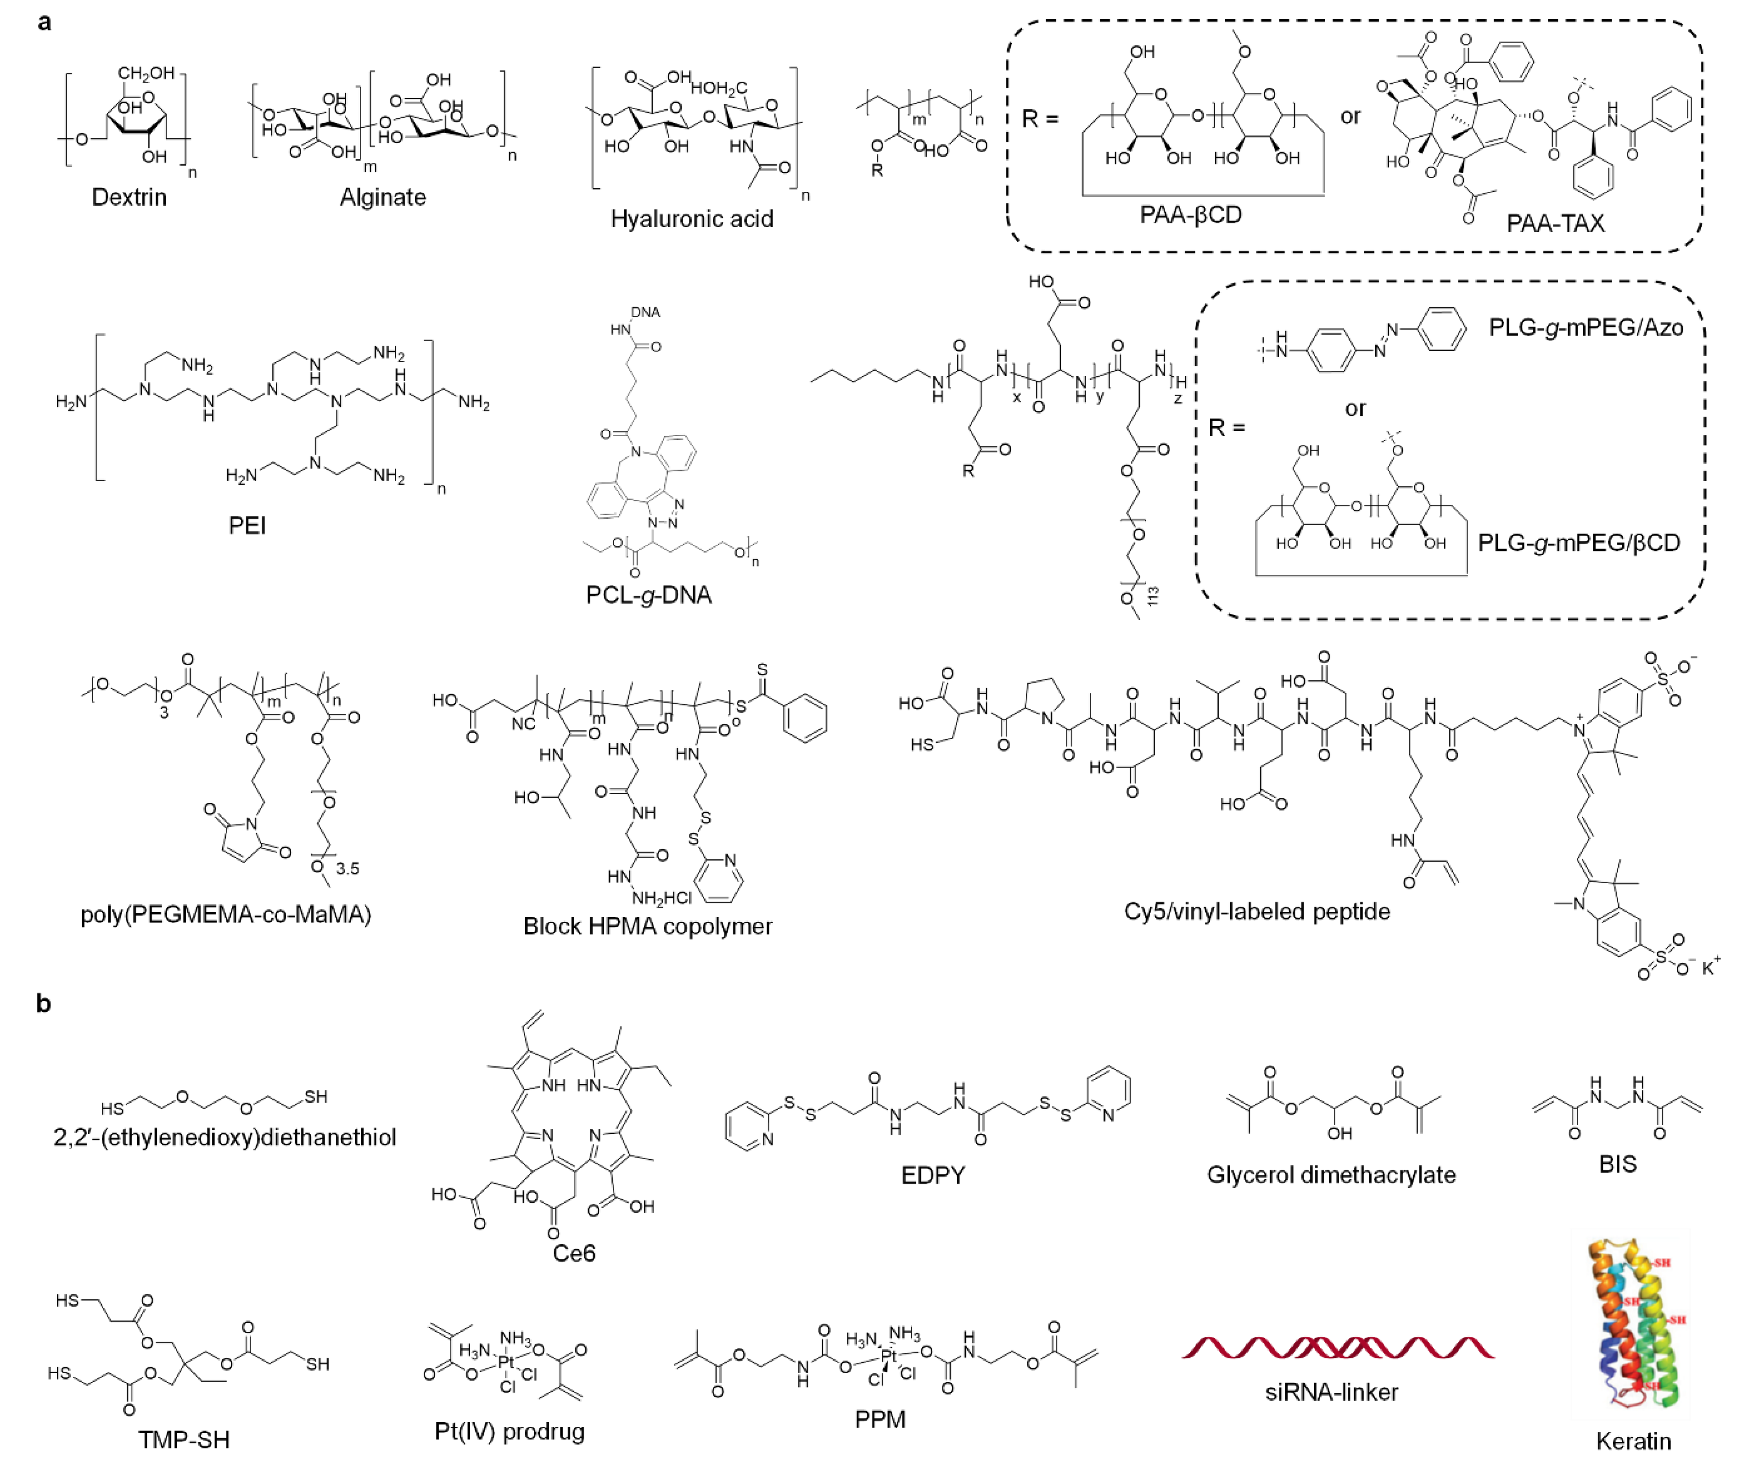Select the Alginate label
pyautogui.click(x=382, y=197)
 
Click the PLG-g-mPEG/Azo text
pyautogui.click(x=1585, y=328)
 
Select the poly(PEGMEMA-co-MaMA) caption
pyautogui.click(x=226, y=914)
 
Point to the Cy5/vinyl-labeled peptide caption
pyautogui.click(x=1256, y=911)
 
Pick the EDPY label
pyautogui.click(x=933, y=1175)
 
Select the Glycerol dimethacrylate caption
pyautogui.click(x=1331, y=1175)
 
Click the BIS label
pyautogui.click(x=1617, y=1164)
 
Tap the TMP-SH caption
pyautogui.click(x=184, y=1440)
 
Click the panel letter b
pyautogui.click(x=43, y=1004)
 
